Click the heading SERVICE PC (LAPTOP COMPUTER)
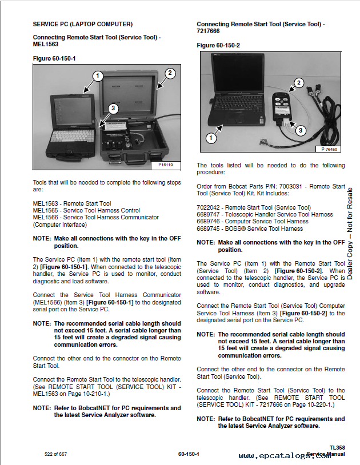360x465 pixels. pyautogui.click(x=82, y=24)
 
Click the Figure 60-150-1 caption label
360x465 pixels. pyautogui.click(x=54, y=58)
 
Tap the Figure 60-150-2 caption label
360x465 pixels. pyautogui.click(x=218, y=45)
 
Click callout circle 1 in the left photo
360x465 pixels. pyautogui.click(x=98, y=75)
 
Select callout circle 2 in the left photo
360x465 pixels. pyautogui.click(x=170, y=73)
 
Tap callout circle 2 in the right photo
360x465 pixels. pyautogui.click(x=298, y=83)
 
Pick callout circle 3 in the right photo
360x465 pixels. pyautogui.click(x=301, y=130)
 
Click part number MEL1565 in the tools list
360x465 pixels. pyautogui.click(x=45, y=210)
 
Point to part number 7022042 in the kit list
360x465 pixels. pyautogui.click(x=209, y=207)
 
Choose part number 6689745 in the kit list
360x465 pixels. pyautogui.click(x=209, y=229)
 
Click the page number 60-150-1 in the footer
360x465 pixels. pyautogui.click(x=188, y=454)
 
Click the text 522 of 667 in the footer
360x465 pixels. pyautogui.click(x=56, y=454)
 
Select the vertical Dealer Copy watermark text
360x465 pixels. pyautogui.click(x=350, y=234)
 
